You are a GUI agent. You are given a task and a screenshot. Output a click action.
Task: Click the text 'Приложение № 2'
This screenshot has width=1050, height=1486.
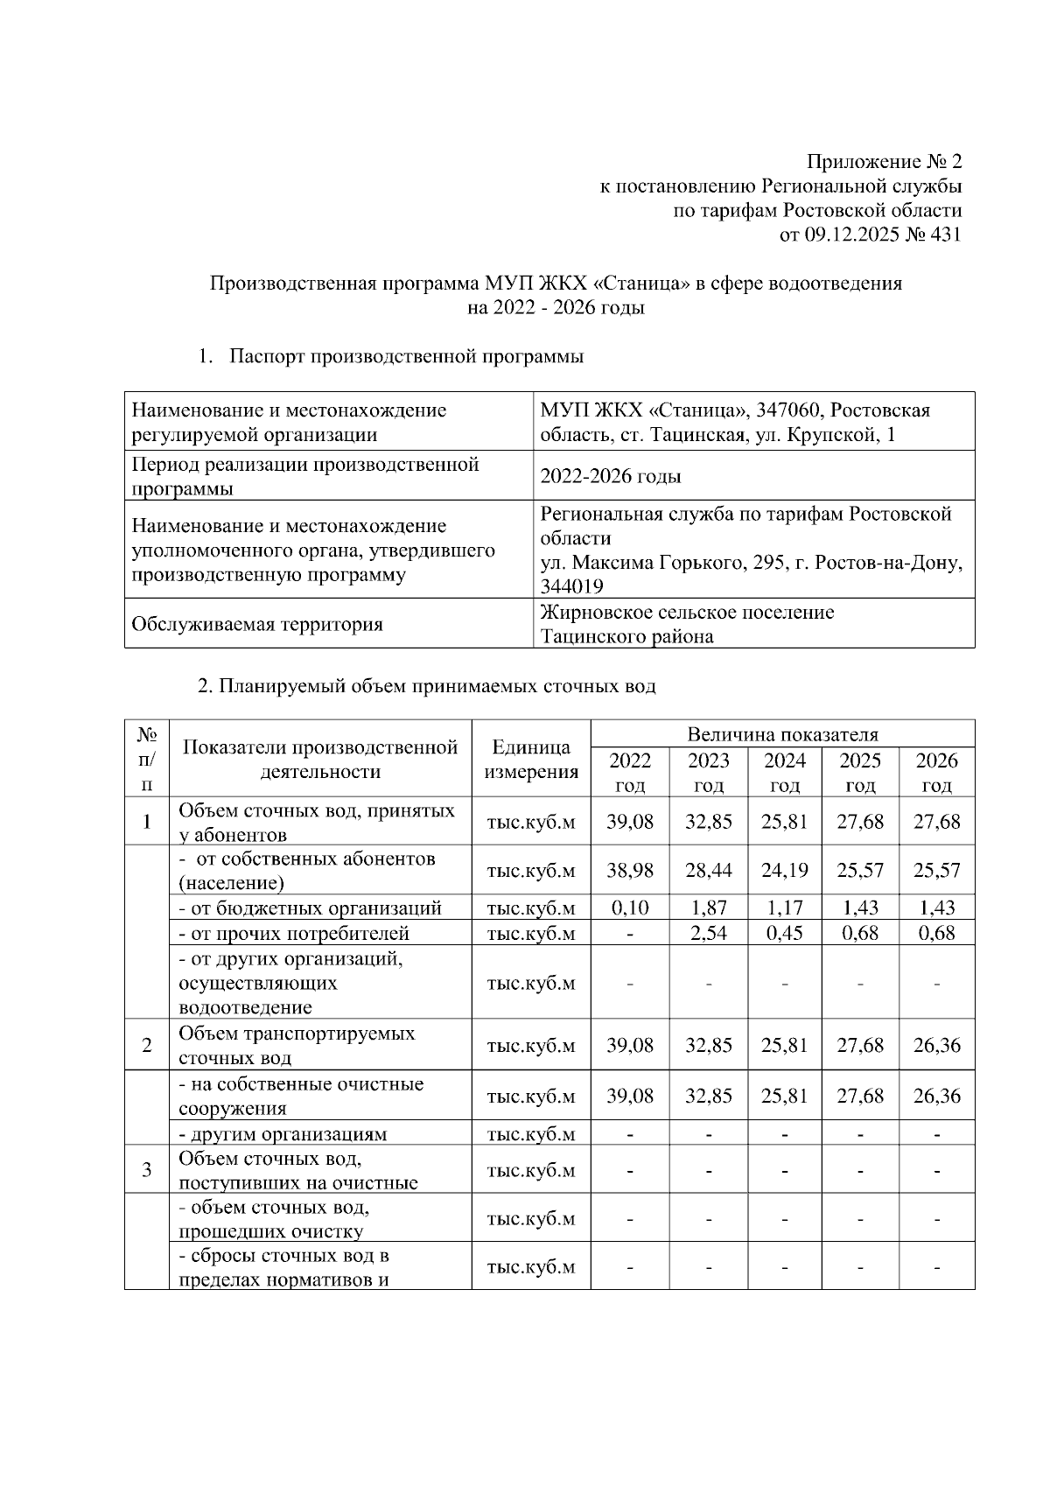click(884, 162)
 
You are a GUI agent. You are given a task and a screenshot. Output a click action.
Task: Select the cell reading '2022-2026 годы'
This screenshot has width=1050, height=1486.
click(611, 477)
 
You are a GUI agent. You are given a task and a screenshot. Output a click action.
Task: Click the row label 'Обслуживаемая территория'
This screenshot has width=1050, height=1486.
click(256, 625)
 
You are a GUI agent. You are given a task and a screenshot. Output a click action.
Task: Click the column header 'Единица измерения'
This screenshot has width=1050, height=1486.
click(531, 760)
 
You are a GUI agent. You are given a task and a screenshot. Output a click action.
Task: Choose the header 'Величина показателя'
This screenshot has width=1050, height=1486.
click(782, 734)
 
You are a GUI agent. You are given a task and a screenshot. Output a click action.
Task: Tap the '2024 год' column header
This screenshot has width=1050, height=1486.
click(784, 772)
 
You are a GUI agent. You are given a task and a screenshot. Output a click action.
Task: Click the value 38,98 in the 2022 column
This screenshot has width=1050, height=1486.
click(630, 871)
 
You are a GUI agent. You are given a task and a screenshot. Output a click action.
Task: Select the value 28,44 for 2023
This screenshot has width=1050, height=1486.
click(708, 871)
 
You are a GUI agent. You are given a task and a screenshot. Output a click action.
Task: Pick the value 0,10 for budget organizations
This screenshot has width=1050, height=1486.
click(630, 908)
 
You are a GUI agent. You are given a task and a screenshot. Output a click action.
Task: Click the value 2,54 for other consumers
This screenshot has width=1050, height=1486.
click(708, 934)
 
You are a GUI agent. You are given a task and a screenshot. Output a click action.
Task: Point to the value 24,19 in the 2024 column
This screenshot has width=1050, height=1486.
click(784, 871)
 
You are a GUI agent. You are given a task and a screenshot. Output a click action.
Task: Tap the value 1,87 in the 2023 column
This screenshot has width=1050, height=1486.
click(708, 908)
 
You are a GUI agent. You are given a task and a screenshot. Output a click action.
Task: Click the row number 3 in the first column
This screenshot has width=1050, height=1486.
click(146, 1170)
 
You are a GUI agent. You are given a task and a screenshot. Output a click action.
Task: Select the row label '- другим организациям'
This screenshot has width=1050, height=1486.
click(282, 1134)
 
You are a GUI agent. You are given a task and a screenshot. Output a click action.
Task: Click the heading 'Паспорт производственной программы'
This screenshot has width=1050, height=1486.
click(407, 356)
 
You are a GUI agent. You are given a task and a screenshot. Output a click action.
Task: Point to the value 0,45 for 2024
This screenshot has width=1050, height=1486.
click(784, 934)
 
